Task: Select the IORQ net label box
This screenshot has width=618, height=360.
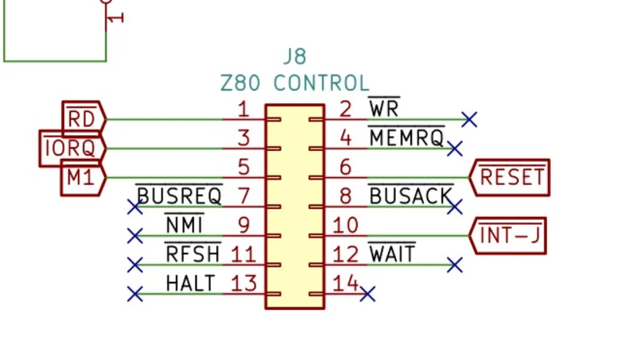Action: tap(73, 148)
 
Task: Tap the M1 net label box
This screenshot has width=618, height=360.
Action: tap(83, 177)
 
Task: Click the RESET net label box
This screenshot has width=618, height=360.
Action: tap(509, 177)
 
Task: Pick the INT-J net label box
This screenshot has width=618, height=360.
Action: tap(508, 235)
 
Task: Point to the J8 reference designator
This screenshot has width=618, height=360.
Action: tap(295, 57)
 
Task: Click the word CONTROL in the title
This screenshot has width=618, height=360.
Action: tap(321, 83)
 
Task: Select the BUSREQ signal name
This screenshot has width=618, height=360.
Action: tap(179, 195)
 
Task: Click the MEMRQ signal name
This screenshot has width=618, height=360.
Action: tap(406, 137)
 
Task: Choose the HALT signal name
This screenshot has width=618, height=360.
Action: tap(190, 283)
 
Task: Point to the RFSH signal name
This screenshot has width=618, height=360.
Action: tap(193, 253)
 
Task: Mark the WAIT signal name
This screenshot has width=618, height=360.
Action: tap(392, 253)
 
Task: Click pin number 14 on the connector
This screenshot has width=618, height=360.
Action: tap(345, 283)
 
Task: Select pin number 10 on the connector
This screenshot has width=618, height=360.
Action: tap(345, 225)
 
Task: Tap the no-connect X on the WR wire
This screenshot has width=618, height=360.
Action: tap(470, 119)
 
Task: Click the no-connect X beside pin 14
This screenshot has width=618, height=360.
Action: tap(368, 294)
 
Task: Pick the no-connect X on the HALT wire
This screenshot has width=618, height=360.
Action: tap(135, 294)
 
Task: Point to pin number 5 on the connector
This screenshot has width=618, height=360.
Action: tap(244, 167)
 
